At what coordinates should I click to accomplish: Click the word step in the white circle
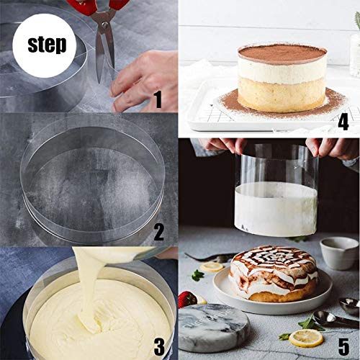pyautogui.click(x=47, y=45)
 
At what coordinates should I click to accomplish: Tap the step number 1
pyautogui.click(x=158, y=99)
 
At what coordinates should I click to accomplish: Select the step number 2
pyautogui.click(x=158, y=232)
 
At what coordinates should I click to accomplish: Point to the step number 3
pyautogui.click(x=159, y=346)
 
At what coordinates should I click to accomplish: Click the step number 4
pyautogui.click(x=343, y=122)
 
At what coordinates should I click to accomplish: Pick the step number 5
pyautogui.click(x=343, y=346)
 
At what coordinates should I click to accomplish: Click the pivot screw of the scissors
pyautogui.click(x=104, y=24)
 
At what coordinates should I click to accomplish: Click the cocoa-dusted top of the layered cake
pyautogui.click(x=282, y=54)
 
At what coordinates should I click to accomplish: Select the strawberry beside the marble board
pyautogui.click(x=187, y=300)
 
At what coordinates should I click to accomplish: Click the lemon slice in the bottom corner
pyautogui.click(x=306, y=338)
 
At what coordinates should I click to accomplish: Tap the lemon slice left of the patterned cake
pyautogui.click(x=212, y=267)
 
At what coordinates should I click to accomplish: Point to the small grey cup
pyautogui.click(x=339, y=253)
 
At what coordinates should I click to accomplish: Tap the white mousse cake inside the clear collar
pyautogui.click(x=276, y=209)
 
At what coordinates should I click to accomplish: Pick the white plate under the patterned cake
pyautogui.click(x=271, y=299)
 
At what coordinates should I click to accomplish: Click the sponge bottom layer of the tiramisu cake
pyautogui.click(x=282, y=94)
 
